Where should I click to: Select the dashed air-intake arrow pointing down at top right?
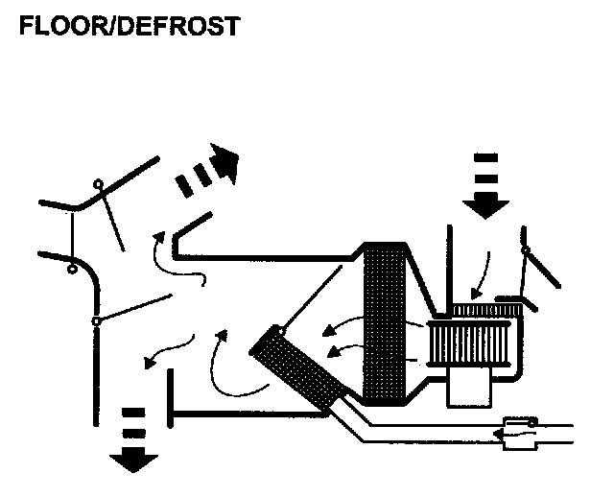[x=485, y=183]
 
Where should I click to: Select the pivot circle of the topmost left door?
[x=97, y=185]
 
